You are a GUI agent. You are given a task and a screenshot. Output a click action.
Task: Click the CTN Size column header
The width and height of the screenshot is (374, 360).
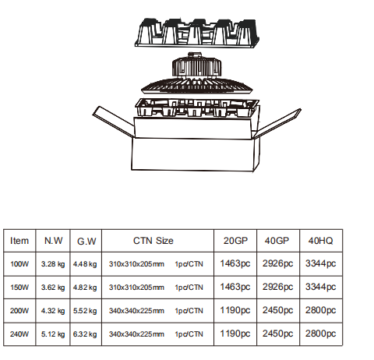point(153,241)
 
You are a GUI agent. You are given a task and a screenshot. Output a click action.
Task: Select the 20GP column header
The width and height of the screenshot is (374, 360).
point(235,241)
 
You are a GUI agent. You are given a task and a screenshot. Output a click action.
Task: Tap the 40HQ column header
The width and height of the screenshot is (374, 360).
point(320,241)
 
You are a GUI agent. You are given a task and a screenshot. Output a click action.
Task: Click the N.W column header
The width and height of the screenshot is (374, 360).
point(53,241)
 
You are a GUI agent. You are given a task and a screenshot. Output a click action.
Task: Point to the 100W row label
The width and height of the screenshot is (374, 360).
point(19,264)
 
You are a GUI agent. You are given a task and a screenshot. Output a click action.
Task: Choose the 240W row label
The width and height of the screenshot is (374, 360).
point(19,334)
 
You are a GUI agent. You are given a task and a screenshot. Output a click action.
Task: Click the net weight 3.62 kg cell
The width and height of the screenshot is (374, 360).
point(53,288)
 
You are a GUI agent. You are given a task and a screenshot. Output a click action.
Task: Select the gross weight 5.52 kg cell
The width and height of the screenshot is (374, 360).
point(85,311)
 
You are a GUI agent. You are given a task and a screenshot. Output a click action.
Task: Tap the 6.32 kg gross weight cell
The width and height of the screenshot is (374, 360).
point(85,334)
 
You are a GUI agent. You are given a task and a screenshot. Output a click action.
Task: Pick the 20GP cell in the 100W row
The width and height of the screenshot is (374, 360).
point(235,263)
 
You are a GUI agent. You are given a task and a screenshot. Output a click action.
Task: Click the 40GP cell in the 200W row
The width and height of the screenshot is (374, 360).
point(277,310)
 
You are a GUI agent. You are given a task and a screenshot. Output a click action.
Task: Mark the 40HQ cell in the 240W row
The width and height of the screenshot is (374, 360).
point(320,334)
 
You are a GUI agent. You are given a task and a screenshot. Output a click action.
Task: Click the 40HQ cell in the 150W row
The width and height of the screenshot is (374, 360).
point(320,287)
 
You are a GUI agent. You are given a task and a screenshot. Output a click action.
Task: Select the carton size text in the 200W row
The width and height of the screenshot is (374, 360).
point(136,311)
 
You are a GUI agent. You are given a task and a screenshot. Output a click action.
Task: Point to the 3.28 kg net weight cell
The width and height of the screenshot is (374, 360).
point(53,264)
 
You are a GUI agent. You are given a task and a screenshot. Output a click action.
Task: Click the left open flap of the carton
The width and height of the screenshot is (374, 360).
point(114,122)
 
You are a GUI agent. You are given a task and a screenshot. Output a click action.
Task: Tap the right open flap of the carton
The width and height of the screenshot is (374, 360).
point(277,124)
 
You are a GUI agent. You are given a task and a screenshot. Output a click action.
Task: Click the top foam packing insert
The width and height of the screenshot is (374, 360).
point(197,33)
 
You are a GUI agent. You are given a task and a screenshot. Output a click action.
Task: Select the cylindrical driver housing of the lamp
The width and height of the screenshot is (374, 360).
point(197,65)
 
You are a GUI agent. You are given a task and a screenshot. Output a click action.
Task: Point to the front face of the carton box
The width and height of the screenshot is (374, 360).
point(192,154)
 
